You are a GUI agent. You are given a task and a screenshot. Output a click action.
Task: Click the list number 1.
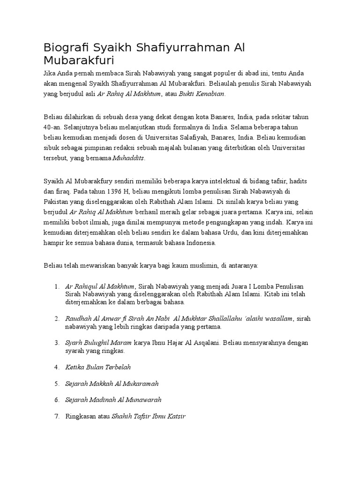point(56,286)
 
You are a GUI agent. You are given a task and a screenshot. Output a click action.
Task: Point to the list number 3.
point(56,343)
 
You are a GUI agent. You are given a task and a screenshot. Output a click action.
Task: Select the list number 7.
point(56,416)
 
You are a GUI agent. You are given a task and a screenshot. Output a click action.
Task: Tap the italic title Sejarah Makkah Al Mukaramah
point(112,383)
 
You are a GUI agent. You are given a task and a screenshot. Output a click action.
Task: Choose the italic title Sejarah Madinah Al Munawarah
point(113,400)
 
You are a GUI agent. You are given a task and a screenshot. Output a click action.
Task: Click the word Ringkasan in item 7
point(80,416)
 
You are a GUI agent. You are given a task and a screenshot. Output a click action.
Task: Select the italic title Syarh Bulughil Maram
point(98,343)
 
